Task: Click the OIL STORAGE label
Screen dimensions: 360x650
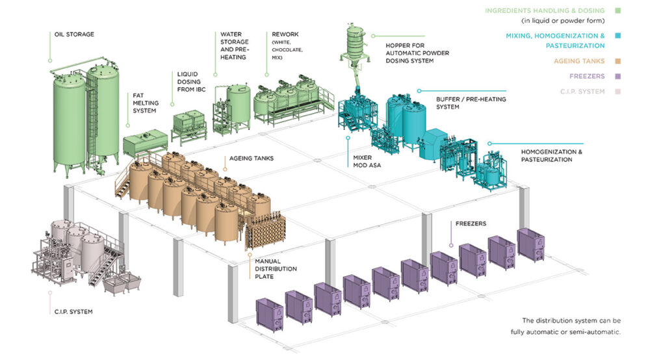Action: click(72, 34)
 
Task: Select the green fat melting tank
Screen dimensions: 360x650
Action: click(145, 142)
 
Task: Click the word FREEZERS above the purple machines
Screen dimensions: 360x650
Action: click(471, 224)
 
